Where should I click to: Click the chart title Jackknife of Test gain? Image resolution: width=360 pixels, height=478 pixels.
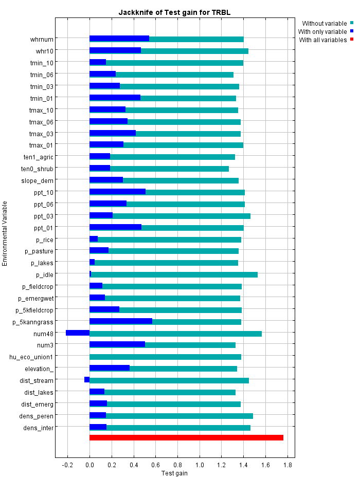tap(174, 12)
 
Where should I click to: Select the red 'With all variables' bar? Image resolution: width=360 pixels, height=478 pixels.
tap(186, 437)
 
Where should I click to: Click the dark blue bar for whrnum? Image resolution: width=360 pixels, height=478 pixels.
tap(119, 39)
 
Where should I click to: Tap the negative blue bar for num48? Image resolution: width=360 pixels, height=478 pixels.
tap(78, 333)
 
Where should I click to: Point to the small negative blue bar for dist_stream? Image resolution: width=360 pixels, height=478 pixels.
tap(87, 380)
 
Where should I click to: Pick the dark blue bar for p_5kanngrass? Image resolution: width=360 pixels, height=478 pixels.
tap(121, 321)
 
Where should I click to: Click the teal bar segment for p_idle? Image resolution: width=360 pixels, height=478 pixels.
tap(174, 274)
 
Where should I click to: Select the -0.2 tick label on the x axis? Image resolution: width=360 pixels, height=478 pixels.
tap(67, 465)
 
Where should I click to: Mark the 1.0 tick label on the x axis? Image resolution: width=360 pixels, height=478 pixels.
tap(200, 465)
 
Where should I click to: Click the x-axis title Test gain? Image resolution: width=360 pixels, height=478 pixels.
tap(174, 473)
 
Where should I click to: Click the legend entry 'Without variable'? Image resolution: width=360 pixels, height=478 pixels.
tap(324, 23)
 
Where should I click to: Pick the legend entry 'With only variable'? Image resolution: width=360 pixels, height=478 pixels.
tap(322, 31)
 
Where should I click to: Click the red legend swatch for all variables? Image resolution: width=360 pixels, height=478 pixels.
tap(352, 40)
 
